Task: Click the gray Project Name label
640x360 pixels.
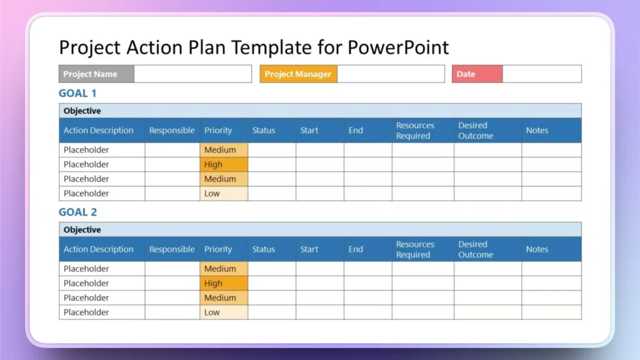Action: [x=96, y=74]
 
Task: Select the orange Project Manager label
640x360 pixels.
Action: [x=298, y=74]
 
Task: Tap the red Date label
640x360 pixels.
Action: [x=477, y=74]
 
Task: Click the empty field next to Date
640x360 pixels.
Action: [x=541, y=74]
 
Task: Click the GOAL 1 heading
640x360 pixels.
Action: [x=77, y=94]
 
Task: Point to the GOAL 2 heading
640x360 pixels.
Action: [x=77, y=212]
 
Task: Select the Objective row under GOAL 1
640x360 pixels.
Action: [x=319, y=111]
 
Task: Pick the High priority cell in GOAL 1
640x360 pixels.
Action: [x=224, y=164]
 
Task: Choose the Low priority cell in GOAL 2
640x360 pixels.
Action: [x=224, y=312]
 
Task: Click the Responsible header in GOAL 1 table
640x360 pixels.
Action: [x=172, y=131]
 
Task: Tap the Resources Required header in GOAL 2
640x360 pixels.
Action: [x=415, y=249]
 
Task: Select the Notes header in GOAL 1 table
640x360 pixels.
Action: [x=537, y=131]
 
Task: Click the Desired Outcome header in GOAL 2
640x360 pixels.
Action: [x=476, y=249]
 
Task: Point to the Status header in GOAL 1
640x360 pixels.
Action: [x=264, y=131]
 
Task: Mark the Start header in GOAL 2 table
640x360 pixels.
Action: [x=309, y=249]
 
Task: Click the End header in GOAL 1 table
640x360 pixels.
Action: [x=356, y=131]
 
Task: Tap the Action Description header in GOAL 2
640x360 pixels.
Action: [x=99, y=249]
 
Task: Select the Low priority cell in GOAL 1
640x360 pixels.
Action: [x=224, y=194]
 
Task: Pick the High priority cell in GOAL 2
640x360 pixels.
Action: [x=224, y=283]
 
